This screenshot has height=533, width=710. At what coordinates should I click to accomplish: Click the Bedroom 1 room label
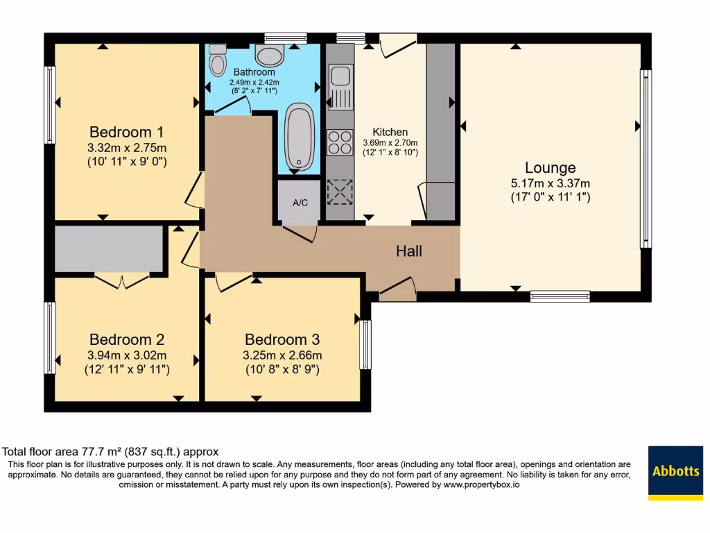point(127,132)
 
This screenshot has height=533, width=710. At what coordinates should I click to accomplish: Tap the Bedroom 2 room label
point(127,339)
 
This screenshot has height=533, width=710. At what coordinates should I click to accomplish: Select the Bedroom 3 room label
point(282,339)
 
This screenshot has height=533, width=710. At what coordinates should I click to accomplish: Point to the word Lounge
point(550,168)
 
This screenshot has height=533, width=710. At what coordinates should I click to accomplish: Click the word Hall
point(409,251)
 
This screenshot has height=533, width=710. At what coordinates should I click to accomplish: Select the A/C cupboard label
point(300,203)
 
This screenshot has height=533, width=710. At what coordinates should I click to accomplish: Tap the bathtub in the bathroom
point(300,137)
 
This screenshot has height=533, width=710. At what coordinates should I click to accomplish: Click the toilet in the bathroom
point(218,61)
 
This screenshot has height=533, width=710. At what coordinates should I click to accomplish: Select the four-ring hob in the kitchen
point(340,142)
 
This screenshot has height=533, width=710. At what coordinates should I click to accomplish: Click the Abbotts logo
point(675,472)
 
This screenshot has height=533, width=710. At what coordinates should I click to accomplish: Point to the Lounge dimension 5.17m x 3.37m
point(550,184)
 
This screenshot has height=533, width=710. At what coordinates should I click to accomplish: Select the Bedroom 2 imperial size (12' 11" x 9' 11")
point(127,369)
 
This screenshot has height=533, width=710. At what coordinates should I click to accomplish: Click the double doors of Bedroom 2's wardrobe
point(121,280)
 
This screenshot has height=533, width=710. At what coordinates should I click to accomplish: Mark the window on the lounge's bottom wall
point(560,296)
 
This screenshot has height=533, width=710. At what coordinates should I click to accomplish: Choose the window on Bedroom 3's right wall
point(365,345)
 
